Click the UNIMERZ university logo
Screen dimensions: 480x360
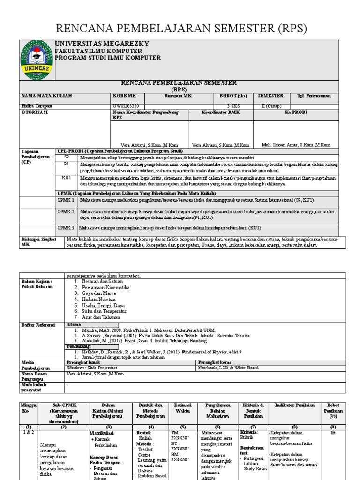(x=37, y=60)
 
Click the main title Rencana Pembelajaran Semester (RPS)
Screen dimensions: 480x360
(x=180, y=29)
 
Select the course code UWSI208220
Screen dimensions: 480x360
(x=126, y=106)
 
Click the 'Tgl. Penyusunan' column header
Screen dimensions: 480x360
(x=314, y=96)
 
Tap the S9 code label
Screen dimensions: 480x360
(x=66, y=158)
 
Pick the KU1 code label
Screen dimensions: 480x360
(x=66, y=178)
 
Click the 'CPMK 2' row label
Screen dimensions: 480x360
(x=66, y=212)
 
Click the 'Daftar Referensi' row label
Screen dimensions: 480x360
(x=38, y=324)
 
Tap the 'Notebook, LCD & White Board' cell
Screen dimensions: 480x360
(x=228, y=368)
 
